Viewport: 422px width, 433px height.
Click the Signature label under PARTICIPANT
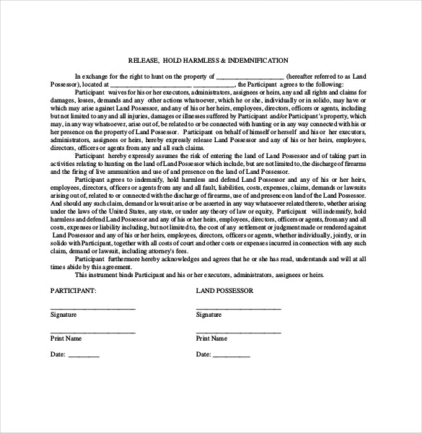[63, 315]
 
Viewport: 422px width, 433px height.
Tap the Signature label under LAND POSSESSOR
[209, 315]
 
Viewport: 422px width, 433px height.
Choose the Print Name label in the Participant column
[66, 338]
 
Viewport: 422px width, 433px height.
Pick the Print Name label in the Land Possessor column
[212, 338]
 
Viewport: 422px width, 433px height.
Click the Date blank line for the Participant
[84, 356]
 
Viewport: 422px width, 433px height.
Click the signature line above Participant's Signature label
[92, 308]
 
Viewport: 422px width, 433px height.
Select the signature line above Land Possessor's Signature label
[239, 308]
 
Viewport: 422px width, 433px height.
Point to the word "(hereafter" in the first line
[301, 75]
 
